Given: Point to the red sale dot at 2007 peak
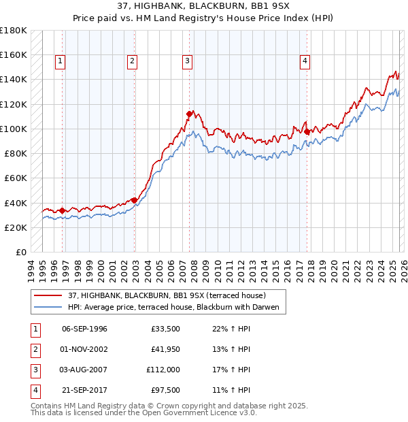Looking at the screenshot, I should point(190,114).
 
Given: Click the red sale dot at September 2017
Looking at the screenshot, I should point(307,131).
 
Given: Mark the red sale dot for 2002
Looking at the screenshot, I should point(135,200).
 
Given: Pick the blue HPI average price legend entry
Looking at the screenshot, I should point(174,308).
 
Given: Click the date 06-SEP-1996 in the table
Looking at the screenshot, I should point(84,329).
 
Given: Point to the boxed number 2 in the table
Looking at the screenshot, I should point(35,349).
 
